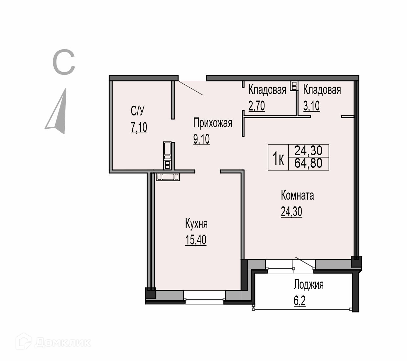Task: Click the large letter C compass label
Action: [64, 62]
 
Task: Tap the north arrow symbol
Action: [56, 112]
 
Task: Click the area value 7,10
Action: [139, 127]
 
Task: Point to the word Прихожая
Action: [213, 123]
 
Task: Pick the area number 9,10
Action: [201, 139]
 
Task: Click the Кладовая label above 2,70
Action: [267, 90]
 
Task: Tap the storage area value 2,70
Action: [257, 106]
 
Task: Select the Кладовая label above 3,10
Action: [322, 90]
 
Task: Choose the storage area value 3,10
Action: [311, 106]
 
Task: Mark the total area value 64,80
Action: [308, 163]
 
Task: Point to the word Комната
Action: [297, 195]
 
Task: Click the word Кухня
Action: [196, 224]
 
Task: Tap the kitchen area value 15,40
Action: [196, 240]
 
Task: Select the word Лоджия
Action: [308, 285]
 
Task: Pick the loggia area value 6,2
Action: [300, 301]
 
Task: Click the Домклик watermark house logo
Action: [24, 342]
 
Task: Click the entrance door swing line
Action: [191, 88]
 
